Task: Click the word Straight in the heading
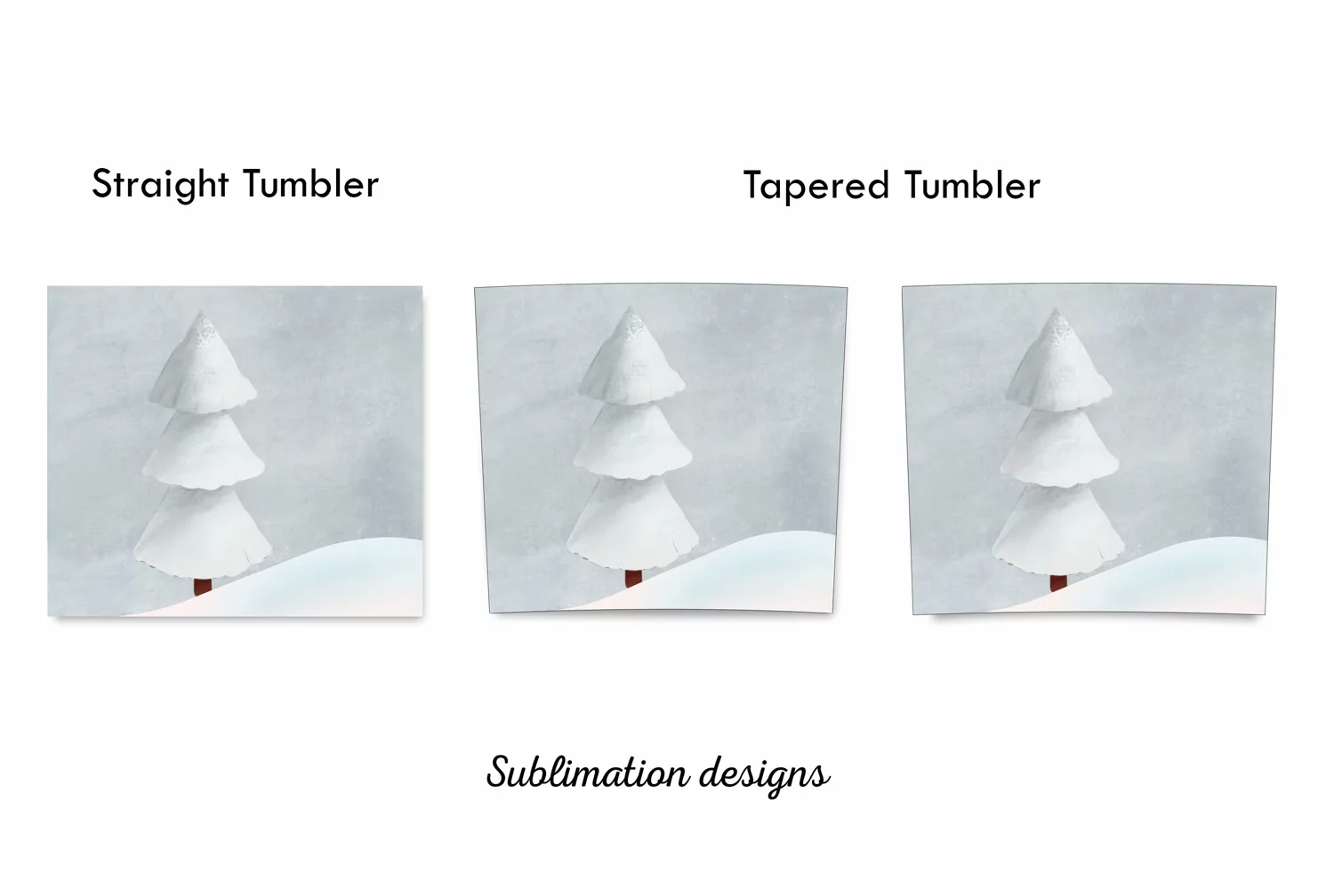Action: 160,184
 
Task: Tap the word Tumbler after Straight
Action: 311,183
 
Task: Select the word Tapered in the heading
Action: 816,186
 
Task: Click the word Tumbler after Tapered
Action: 973,185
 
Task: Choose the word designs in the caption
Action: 765,776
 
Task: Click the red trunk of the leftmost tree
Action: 203,586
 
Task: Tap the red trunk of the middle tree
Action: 633,578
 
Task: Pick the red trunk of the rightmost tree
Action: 1058,582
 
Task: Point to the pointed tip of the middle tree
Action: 630,308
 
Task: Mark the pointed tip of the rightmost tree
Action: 1057,309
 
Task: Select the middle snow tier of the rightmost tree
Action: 1059,448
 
